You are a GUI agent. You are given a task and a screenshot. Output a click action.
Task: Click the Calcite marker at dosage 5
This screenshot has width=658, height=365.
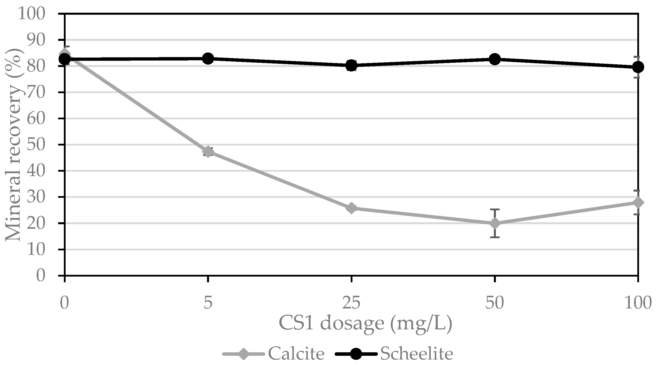[208, 152]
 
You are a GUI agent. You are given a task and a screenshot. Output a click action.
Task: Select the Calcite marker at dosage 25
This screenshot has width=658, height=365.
[351, 208]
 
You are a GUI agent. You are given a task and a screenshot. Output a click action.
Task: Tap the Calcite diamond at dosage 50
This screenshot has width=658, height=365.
[495, 223]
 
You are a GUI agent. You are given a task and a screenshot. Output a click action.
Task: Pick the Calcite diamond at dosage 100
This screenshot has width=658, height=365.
[638, 202]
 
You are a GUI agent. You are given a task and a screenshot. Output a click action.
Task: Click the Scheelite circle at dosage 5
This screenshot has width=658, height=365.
[208, 58]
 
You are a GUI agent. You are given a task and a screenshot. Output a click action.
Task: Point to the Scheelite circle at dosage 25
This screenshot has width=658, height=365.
[351, 65]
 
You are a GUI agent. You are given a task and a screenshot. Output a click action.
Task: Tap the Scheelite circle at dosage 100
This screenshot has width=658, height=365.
[638, 67]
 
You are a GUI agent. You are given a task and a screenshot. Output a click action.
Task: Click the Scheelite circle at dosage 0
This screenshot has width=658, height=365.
[65, 59]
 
